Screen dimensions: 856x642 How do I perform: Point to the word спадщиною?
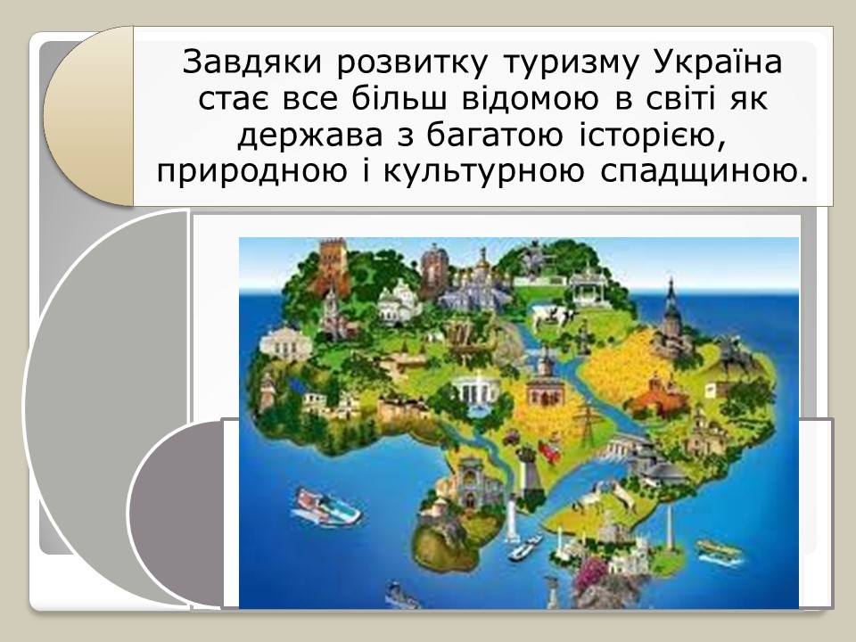coord(704,172)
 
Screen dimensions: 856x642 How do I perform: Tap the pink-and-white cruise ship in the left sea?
coord(325,508)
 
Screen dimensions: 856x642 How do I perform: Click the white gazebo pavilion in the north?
coord(588,287)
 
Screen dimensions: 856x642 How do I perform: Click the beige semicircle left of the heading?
coord(88,116)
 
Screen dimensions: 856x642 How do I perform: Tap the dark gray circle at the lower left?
coord(176,514)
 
